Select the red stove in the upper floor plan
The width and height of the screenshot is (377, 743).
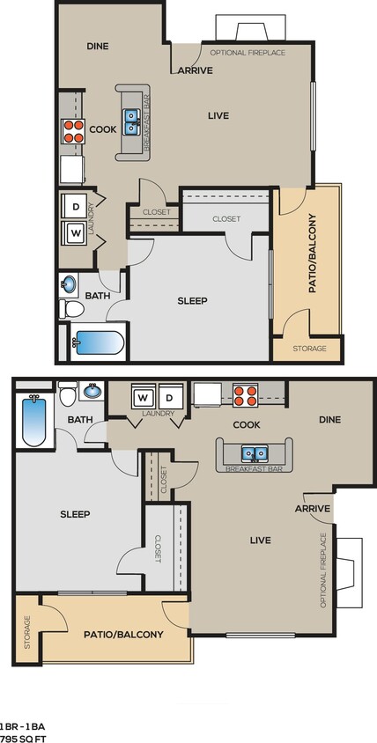click(x=71, y=131)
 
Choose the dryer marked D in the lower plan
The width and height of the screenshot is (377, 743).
click(x=170, y=397)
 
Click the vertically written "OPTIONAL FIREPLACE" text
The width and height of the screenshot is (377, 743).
click(x=323, y=570)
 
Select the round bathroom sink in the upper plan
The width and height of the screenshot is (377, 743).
click(x=69, y=284)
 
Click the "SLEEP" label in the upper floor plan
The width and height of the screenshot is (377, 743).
click(x=191, y=301)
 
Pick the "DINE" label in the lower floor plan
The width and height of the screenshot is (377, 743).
click(x=329, y=420)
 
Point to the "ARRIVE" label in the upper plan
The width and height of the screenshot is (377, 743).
click(x=195, y=70)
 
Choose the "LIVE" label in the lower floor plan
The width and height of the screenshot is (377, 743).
click(x=260, y=540)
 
